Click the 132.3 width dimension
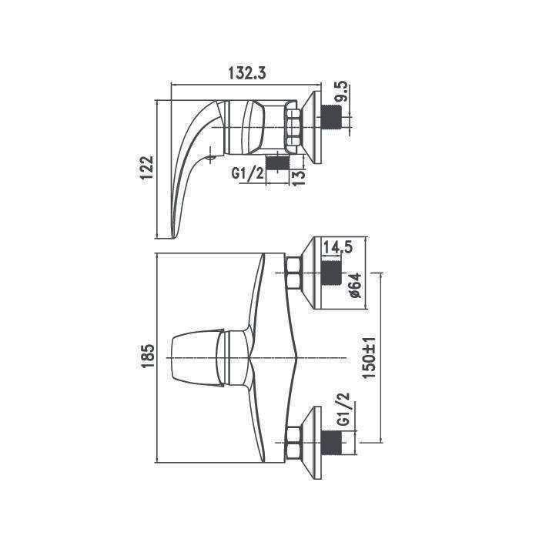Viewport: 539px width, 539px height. point(247,74)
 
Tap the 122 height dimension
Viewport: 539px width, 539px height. point(147,168)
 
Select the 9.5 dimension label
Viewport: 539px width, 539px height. point(343,92)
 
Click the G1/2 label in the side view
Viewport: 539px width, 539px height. point(248,173)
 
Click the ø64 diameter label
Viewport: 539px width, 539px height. point(356,285)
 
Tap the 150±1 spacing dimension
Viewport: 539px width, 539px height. point(370,358)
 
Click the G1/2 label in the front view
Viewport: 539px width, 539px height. point(343,410)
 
